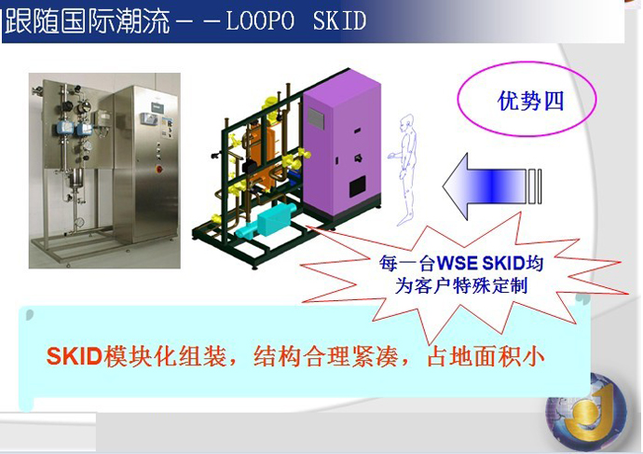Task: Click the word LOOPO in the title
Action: coord(260,21)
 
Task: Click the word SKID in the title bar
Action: coord(339,21)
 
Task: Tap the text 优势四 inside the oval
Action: coord(530,101)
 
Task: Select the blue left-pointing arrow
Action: coord(484,186)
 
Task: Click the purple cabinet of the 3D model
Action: coord(342,147)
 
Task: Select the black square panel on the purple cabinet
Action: coord(358,187)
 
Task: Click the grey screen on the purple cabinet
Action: coord(316,118)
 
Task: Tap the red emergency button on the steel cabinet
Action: coord(158,168)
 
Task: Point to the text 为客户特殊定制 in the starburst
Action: coord(461,286)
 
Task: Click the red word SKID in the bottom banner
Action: coord(75,356)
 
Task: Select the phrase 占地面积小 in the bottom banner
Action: coord(486,356)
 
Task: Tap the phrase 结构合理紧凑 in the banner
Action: coord(325,356)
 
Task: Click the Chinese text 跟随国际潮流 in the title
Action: coord(88,21)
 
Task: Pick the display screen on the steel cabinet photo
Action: coord(149,118)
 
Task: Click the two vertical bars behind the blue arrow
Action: coord(535,186)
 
